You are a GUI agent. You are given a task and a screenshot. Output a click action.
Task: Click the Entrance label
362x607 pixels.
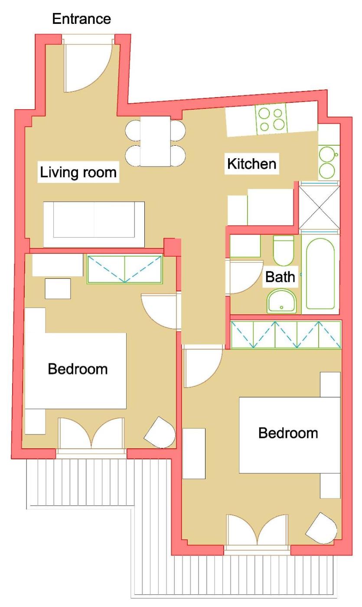tap(82, 19)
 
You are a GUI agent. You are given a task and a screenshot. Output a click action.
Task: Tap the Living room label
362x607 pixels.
tap(78, 172)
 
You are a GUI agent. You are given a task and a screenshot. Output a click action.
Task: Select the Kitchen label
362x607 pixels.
tap(252, 164)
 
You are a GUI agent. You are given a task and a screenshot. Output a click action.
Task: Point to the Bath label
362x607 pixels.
tap(280, 277)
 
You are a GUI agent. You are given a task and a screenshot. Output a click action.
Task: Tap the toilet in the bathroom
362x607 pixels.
tap(284, 251)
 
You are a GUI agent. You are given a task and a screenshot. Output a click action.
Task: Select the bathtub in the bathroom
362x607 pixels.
tap(320, 274)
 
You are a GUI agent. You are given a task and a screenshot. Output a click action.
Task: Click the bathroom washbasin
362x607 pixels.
tap(282, 301)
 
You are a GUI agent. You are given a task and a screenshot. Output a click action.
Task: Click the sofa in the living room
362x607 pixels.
tap(94, 224)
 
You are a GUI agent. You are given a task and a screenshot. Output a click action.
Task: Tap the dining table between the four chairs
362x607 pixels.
tap(156, 141)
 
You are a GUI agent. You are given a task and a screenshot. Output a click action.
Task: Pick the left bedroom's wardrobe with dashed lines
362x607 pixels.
tap(125, 269)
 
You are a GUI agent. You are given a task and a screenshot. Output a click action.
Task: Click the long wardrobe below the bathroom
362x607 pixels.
tap(286, 334)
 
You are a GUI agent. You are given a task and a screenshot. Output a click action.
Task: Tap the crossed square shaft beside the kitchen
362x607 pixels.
tap(319, 208)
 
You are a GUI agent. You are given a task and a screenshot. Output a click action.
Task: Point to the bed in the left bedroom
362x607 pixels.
tap(75, 371)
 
